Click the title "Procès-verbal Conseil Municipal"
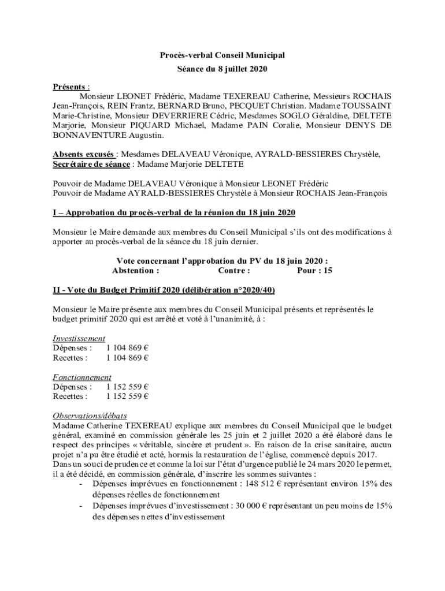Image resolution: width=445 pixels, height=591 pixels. coord(222,55)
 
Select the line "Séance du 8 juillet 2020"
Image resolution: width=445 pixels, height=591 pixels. coord(222,69)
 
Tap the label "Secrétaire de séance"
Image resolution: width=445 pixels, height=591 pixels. coord(91,164)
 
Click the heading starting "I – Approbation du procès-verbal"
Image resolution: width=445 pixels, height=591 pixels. coord(174,213)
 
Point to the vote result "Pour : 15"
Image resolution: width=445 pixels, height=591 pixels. coord(314,270)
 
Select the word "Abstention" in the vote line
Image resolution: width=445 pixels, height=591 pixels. coord(136,270)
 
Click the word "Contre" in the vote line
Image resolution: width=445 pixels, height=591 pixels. coord(234,270)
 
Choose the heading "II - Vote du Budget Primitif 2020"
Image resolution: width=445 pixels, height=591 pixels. coord(168,289)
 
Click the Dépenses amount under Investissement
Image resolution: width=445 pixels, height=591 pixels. coord(127,348)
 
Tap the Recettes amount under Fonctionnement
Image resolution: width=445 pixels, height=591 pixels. coord(127,396)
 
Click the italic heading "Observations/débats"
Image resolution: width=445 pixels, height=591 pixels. coord(90,416)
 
